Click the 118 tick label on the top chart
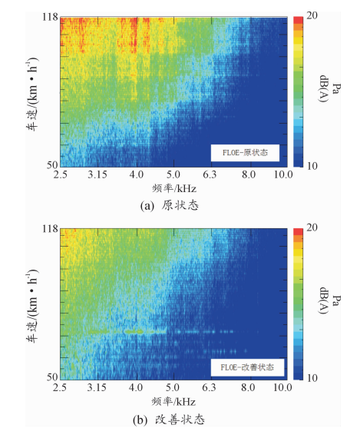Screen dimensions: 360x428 click(x=50, y=17)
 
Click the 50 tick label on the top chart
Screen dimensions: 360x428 click(x=52, y=165)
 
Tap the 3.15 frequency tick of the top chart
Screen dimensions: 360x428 click(x=97, y=174)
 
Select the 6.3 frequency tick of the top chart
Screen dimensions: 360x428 click(x=210, y=174)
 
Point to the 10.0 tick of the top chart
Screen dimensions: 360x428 click(x=283, y=174)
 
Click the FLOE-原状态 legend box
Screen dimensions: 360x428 click(x=245, y=153)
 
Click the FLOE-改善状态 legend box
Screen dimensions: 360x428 click(x=247, y=367)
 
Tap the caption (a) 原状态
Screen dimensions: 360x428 click(x=169, y=205)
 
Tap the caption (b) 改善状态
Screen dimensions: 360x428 click(x=169, y=420)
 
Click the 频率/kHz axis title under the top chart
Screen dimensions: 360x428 click(x=174, y=188)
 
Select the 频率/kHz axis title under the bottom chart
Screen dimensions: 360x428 click(x=173, y=402)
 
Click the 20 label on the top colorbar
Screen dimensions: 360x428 click(x=312, y=15)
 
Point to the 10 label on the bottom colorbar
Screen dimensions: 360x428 click(x=312, y=378)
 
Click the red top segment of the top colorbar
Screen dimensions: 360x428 click(x=298, y=20)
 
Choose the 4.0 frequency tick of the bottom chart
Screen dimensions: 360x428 click(x=136, y=387)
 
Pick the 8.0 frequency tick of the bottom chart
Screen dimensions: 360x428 click(x=248, y=387)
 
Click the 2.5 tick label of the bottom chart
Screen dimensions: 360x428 click(x=60, y=387)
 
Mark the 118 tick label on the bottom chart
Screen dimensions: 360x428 click(x=50, y=229)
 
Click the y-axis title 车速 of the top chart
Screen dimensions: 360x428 click(x=31, y=94)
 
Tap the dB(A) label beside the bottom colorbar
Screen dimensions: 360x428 click(x=324, y=300)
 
